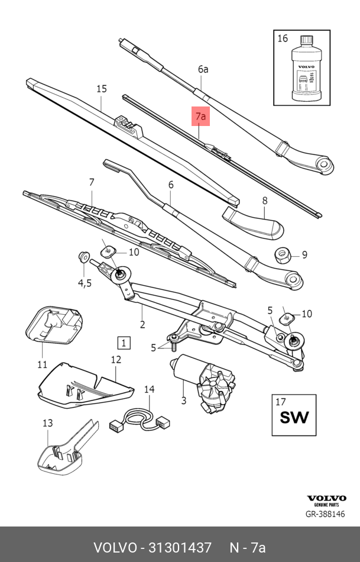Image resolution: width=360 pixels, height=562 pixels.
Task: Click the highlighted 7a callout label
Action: [201, 117]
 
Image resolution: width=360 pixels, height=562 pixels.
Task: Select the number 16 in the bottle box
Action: [283, 38]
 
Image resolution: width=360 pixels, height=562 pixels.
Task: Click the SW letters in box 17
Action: [294, 417]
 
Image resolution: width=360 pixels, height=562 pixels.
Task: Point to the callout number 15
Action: [102, 89]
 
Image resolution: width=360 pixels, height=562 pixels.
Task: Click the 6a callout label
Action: [203, 69]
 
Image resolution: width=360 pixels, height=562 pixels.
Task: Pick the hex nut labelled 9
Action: [282, 256]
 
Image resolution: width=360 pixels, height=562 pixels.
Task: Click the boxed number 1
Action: [124, 343]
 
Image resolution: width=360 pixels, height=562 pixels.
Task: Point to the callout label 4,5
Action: [85, 283]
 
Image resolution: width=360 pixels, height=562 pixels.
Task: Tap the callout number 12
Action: [116, 359]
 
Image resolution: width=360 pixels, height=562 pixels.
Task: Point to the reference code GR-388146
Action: [325, 514]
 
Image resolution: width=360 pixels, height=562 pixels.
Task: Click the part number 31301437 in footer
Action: [180, 547]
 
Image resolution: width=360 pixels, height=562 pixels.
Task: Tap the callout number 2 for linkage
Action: [142, 324]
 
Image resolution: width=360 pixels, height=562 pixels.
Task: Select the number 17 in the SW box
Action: [281, 402]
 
